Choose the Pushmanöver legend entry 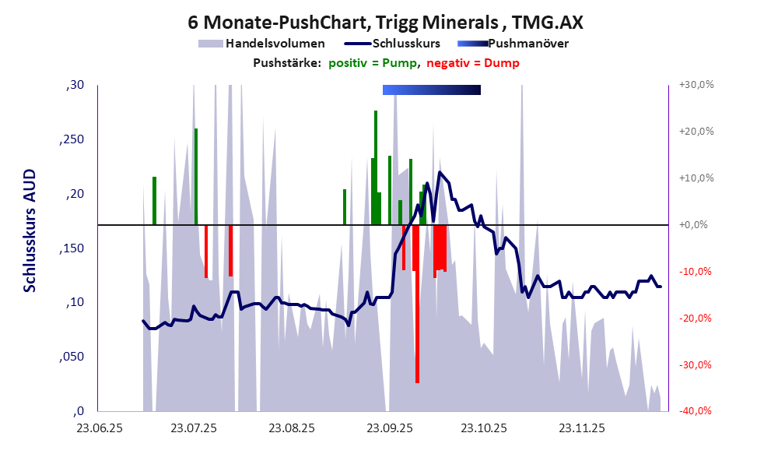[x=527, y=44]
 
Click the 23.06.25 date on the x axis [x=97, y=428]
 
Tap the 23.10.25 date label [x=483, y=428]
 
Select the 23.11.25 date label [x=580, y=428]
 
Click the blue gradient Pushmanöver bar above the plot [x=432, y=90]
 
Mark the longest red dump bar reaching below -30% [x=417, y=311]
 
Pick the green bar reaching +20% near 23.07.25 [x=196, y=175]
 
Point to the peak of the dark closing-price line [x=440, y=172]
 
